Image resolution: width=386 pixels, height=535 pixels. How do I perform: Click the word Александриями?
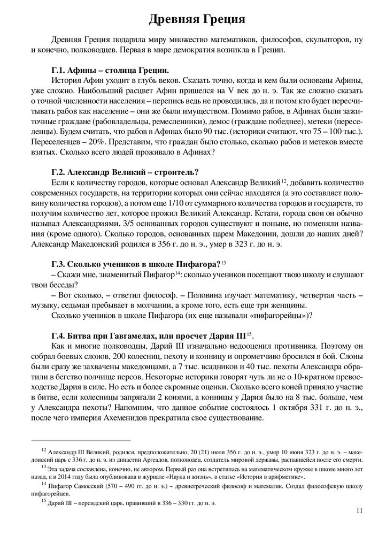coord(78,223)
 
